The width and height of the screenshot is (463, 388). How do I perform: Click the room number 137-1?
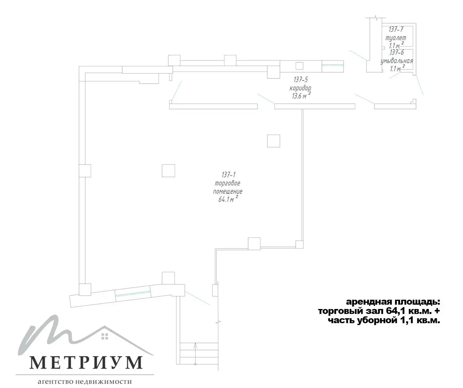pyautogui.click(x=228, y=175)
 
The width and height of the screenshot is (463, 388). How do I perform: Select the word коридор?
pyautogui.click(x=300, y=88)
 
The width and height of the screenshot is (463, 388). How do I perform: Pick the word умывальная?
pyautogui.click(x=397, y=61)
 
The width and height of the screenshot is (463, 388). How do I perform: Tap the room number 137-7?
pyautogui.click(x=396, y=30)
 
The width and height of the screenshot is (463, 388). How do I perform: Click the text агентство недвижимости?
pyautogui.click(x=85, y=382)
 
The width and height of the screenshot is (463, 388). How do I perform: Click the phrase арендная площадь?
pyautogui.click(x=393, y=302)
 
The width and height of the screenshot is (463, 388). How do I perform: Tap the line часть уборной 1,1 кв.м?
pyautogui.click(x=384, y=321)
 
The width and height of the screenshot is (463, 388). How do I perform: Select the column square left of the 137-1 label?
pyautogui.click(x=169, y=171)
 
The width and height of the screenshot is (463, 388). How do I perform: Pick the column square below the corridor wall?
pyautogui.click(x=273, y=141)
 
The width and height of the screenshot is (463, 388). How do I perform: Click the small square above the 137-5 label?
pyautogui.click(x=299, y=66)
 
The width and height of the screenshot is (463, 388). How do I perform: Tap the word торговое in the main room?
pyautogui.click(x=227, y=183)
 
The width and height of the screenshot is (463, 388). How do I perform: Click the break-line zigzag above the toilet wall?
pyautogui.click(x=375, y=18)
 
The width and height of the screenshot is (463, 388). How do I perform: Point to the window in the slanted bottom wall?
pyautogui.click(x=133, y=294)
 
